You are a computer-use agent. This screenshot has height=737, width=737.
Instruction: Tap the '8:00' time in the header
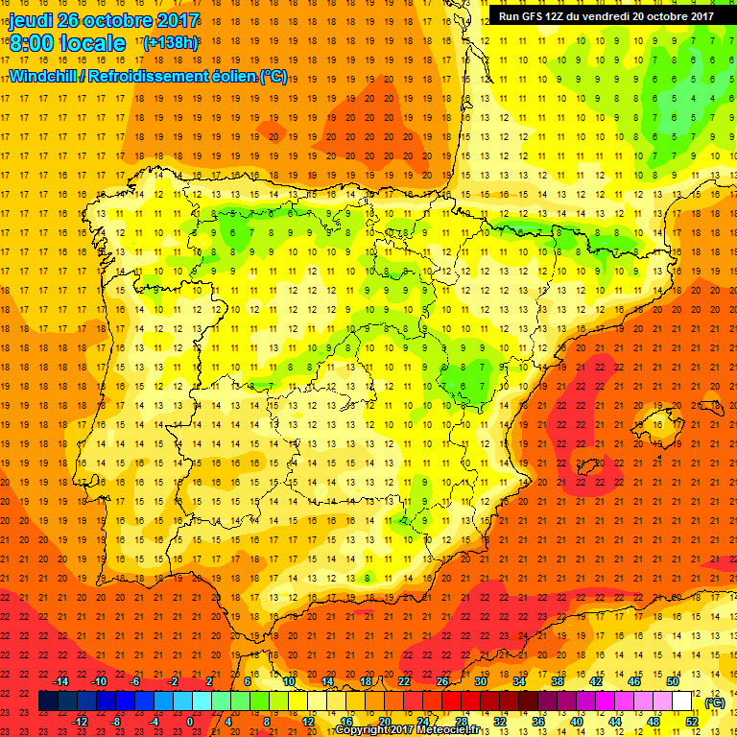34,43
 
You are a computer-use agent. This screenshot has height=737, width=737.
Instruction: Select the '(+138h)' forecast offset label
170,42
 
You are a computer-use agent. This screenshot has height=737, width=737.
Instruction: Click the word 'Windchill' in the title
42,76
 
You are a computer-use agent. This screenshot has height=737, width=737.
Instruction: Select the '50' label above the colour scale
673,680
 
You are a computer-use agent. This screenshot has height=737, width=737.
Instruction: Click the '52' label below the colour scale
691,722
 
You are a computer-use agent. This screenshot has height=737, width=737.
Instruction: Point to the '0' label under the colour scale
191,722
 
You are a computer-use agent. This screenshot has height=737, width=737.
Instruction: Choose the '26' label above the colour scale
442,680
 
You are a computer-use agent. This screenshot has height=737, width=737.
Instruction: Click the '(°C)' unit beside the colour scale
714,702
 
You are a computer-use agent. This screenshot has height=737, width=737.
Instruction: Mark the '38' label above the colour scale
558,680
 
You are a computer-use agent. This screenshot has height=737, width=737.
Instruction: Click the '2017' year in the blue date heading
176,20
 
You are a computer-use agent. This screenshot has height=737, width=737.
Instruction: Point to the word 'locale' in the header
93,43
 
